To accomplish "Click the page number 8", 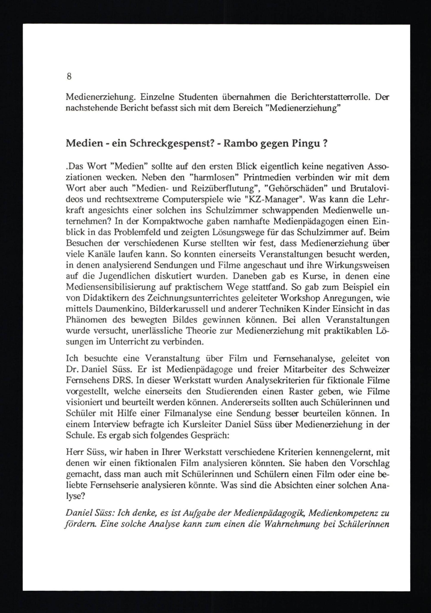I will (x=69, y=77).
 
